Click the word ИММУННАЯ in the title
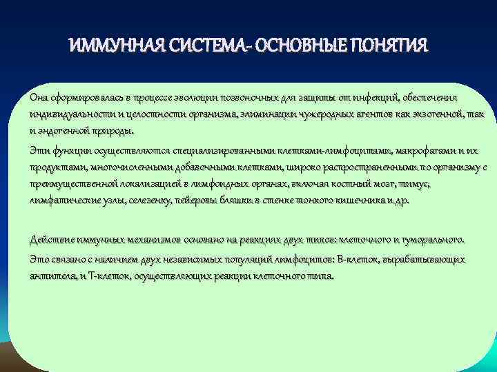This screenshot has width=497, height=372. pyautogui.click(x=113, y=46)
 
